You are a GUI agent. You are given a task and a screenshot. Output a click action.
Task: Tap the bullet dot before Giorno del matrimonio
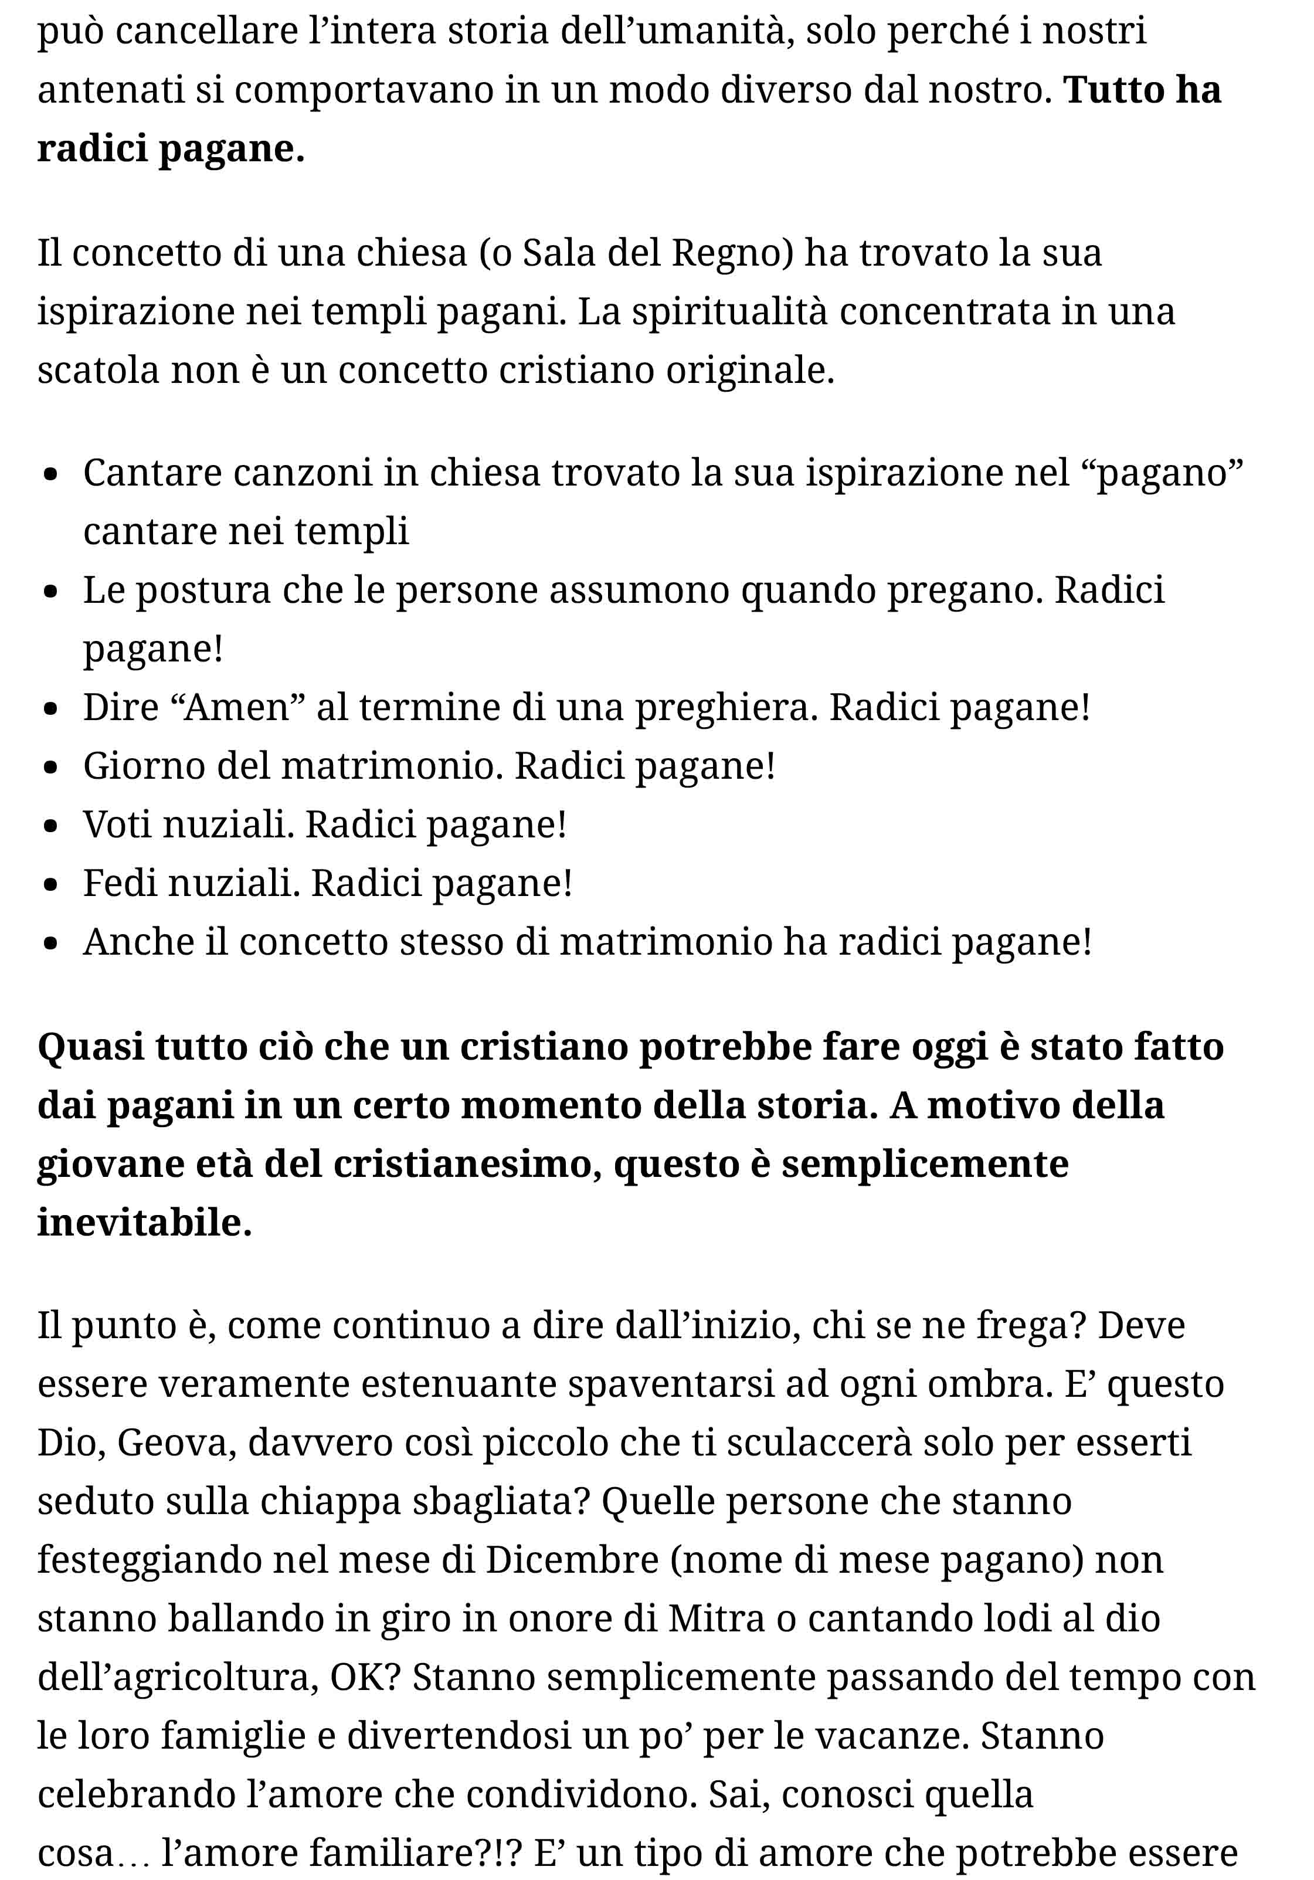click(52, 767)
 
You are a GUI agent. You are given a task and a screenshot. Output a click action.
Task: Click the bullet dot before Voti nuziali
click(52, 826)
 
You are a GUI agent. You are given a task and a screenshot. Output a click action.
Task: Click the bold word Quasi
click(90, 1047)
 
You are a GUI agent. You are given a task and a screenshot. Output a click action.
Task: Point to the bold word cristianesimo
click(461, 1165)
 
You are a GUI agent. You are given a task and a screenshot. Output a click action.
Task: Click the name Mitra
click(715, 1619)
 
